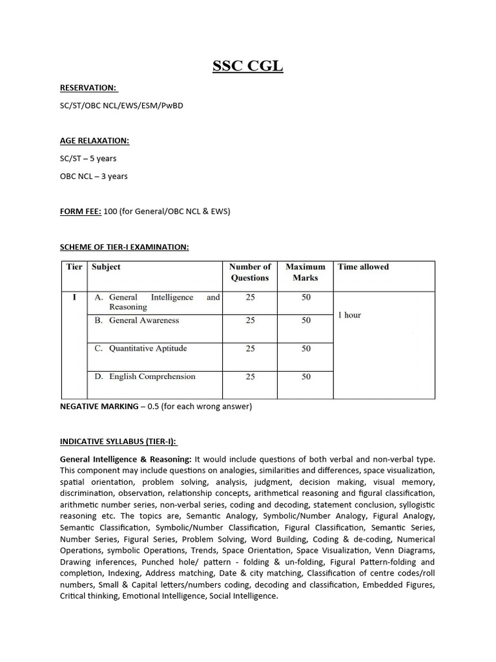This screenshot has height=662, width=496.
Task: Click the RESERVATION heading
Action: (x=88, y=87)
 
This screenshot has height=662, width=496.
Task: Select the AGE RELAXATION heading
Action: (x=94, y=140)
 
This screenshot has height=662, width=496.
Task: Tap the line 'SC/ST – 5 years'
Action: (x=88, y=158)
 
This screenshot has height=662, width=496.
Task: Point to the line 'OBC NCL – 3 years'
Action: (x=94, y=176)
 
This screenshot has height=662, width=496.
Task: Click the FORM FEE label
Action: (x=81, y=211)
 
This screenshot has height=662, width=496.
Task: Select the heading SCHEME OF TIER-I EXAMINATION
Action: (x=124, y=247)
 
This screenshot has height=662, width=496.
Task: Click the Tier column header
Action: (x=74, y=267)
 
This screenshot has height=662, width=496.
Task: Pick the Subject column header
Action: (x=106, y=267)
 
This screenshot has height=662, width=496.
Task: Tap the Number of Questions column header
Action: (x=250, y=272)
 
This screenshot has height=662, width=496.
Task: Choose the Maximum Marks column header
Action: (x=305, y=272)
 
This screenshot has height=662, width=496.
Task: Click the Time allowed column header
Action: (x=363, y=267)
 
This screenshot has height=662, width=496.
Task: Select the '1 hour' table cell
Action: (x=349, y=315)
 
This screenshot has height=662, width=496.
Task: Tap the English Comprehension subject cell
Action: (x=152, y=376)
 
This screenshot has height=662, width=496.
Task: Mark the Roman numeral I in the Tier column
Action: (x=74, y=298)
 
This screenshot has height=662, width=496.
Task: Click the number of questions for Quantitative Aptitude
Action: (x=250, y=348)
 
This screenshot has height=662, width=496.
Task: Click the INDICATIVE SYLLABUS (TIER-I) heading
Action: (x=118, y=442)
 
